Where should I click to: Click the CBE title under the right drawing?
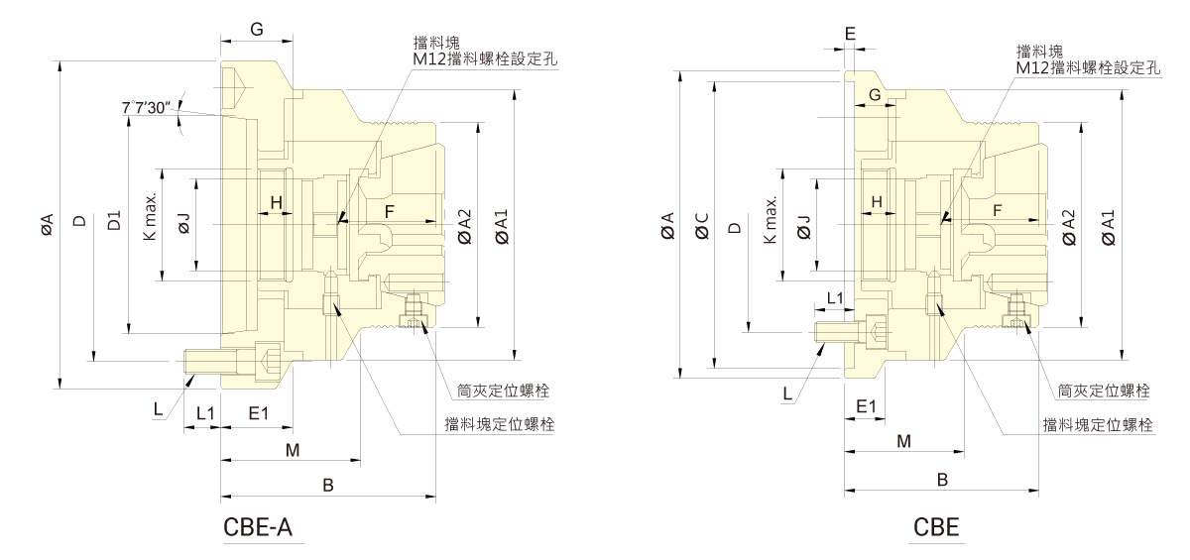pos(937,526)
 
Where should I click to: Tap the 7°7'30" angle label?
pos(147,106)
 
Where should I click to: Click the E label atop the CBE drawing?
pos(850,33)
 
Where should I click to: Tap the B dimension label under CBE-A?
pos(327,484)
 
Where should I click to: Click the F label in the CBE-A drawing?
pos(389,212)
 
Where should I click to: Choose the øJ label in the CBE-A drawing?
pos(183,227)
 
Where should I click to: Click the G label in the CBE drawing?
pos(874,94)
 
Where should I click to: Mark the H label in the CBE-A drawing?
pos(277,202)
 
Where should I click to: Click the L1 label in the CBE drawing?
pos(834,297)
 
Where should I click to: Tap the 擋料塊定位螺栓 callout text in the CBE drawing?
pos(1097,424)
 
